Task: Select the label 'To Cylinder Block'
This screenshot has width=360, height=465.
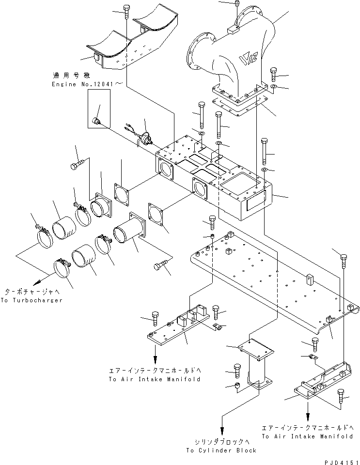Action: click(221, 450)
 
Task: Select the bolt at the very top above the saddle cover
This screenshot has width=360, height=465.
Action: click(126, 9)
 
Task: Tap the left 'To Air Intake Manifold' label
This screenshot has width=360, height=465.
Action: click(155, 375)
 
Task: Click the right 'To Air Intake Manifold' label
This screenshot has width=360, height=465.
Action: click(307, 432)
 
